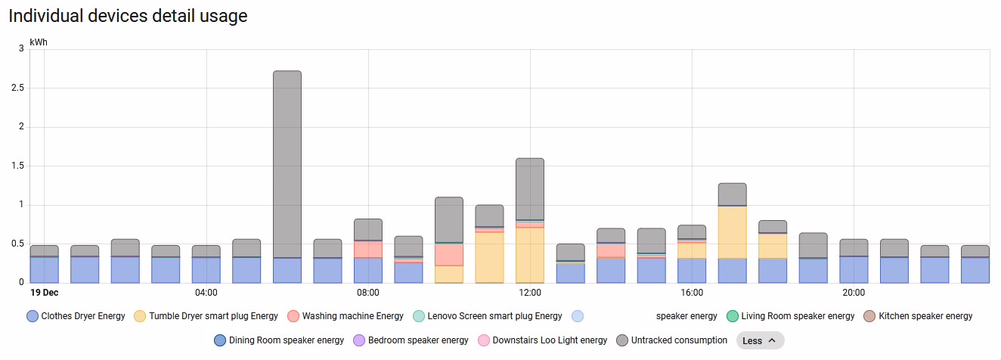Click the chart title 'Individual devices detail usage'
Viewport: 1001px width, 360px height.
point(128,16)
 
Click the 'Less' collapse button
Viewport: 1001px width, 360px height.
point(760,340)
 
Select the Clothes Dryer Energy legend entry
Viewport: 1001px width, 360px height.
point(76,316)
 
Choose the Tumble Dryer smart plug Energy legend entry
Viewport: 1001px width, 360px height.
point(206,316)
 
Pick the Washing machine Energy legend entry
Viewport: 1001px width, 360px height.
point(346,316)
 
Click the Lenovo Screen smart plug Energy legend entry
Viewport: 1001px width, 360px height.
point(487,316)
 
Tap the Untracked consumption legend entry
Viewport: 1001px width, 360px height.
point(671,340)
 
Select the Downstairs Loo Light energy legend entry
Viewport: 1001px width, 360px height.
point(542,340)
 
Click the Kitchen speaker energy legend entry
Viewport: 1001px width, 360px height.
point(918,316)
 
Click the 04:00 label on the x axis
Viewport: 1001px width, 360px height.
point(206,293)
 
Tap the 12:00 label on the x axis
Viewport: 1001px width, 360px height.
point(530,293)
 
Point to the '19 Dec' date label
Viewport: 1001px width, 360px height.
point(45,293)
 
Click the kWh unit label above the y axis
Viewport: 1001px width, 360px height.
point(39,42)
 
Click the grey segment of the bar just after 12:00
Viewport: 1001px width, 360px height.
point(530,189)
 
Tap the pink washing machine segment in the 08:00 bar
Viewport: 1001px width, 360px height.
point(368,250)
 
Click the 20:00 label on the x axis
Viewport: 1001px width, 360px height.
point(854,293)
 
